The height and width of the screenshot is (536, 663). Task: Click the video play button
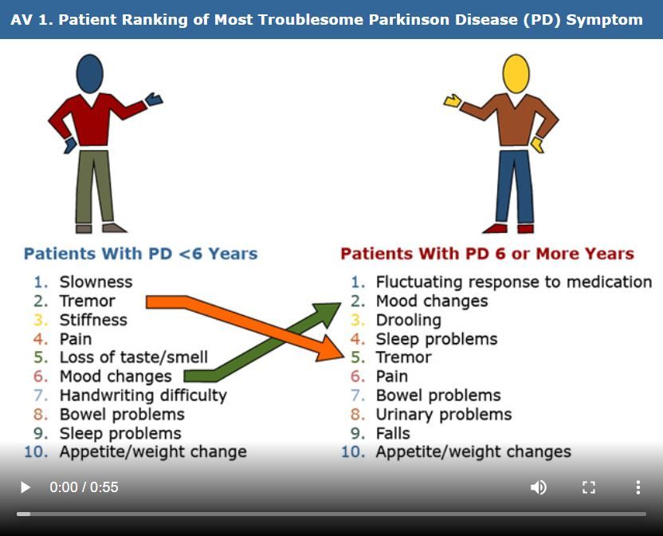25,487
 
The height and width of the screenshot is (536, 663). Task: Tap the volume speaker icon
539,487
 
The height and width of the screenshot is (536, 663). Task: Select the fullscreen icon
589,487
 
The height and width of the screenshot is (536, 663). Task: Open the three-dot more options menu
637,487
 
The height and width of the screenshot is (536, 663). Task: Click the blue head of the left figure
89,73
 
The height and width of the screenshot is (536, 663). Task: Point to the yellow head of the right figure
516,73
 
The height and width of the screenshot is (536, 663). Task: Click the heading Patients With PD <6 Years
141,254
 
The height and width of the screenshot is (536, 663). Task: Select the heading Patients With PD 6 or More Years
487,254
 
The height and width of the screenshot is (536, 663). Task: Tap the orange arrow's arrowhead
331,348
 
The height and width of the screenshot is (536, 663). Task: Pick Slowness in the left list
96,282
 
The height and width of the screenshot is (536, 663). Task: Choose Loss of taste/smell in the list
133,357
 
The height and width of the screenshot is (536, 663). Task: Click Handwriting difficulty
143,395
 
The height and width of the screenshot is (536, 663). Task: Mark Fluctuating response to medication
513,282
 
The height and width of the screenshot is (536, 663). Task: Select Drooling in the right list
408,320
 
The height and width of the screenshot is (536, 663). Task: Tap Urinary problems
443,414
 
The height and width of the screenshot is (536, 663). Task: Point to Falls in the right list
393,433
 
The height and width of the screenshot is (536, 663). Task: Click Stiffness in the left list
93,320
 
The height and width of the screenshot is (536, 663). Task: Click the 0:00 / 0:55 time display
84,487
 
